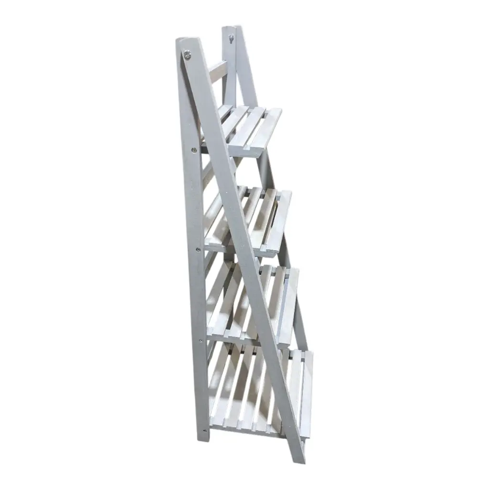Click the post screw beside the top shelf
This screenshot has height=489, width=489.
(x=194, y=150)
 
